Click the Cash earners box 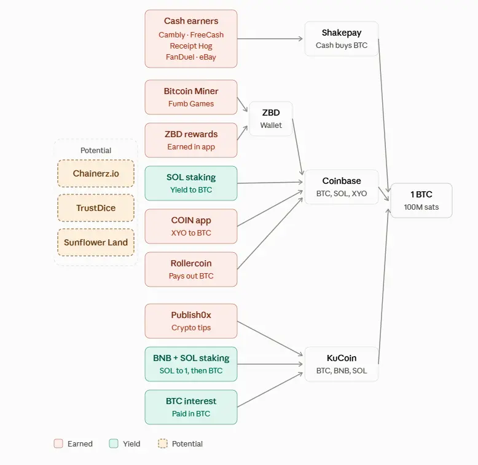pyautogui.click(x=191, y=39)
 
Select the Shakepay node pyautogui.click(x=342, y=39)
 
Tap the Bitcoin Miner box pyautogui.click(x=191, y=97)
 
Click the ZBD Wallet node pyautogui.click(x=271, y=119)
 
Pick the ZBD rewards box pyautogui.click(x=191, y=140)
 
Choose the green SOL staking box pyautogui.click(x=191, y=183)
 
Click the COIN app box pyautogui.click(x=191, y=226)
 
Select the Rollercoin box pyautogui.click(x=191, y=269)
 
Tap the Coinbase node pyautogui.click(x=342, y=187)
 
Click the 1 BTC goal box pyautogui.click(x=421, y=201)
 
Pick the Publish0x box pyautogui.click(x=191, y=321)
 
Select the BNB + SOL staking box pyautogui.click(x=191, y=364)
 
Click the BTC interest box pyautogui.click(x=191, y=407)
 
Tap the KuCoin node pyautogui.click(x=342, y=364)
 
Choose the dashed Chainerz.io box pyautogui.click(x=96, y=173)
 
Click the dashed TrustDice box pyautogui.click(x=96, y=208)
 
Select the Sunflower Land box pyautogui.click(x=96, y=242)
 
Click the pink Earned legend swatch pyautogui.click(x=58, y=443)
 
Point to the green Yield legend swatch pyautogui.click(x=114, y=443)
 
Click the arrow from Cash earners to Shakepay pyautogui.click(x=270, y=39)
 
